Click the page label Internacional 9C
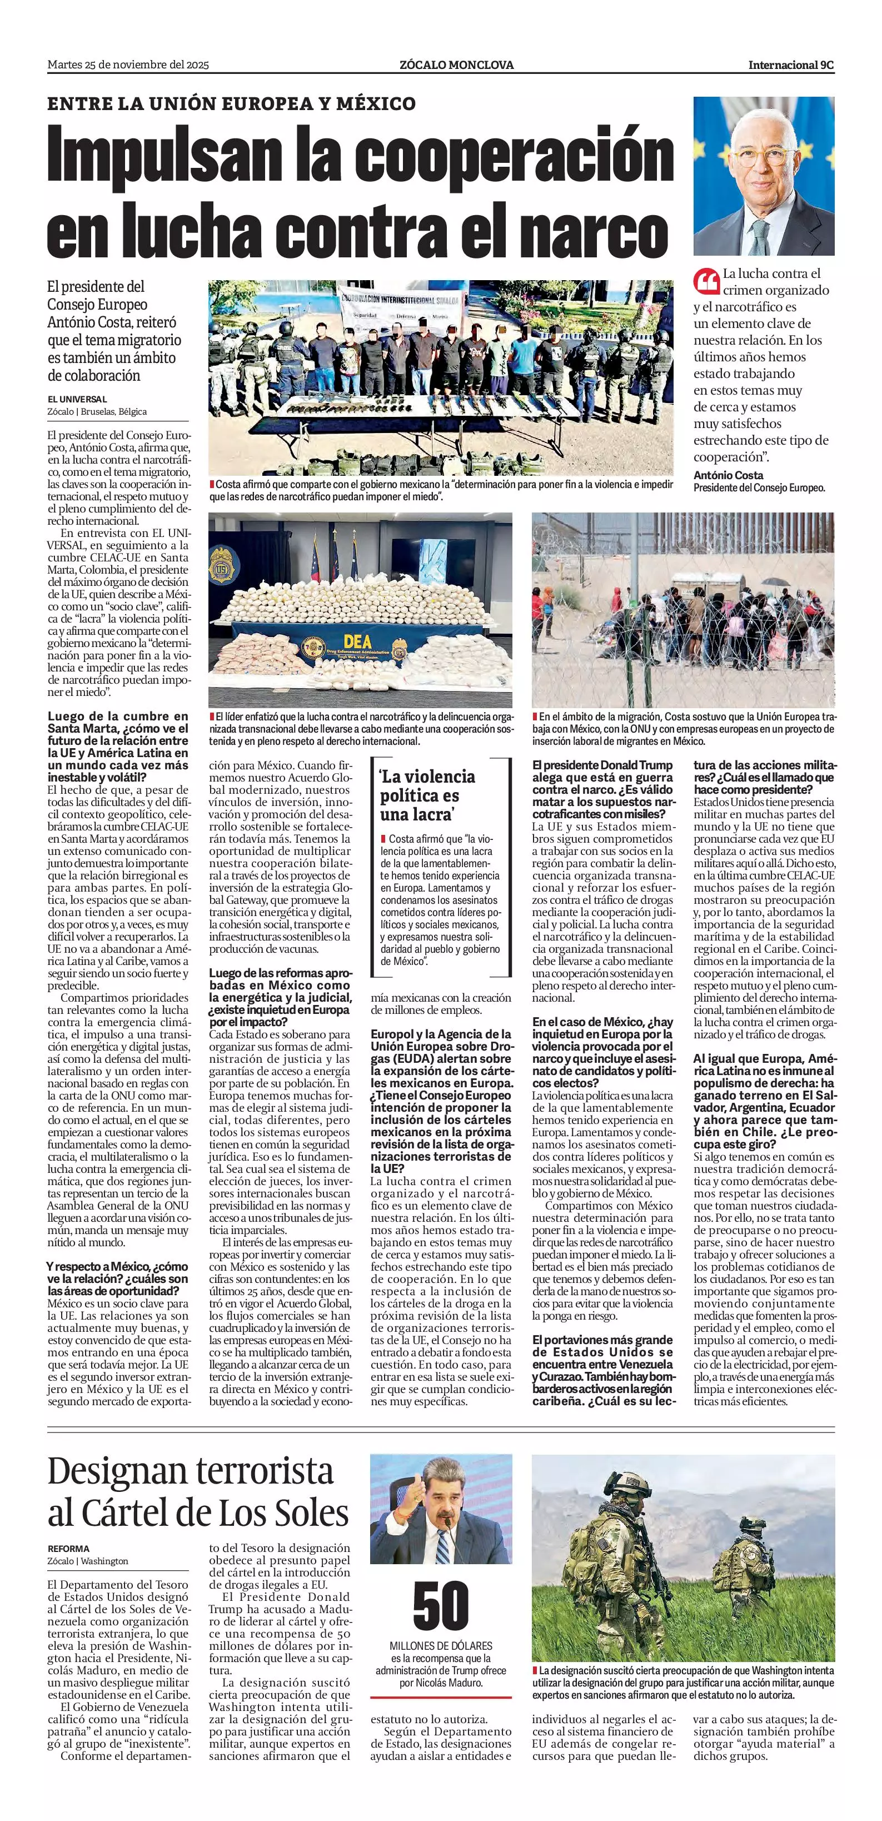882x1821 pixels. tap(791, 65)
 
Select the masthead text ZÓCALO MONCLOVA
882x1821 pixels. tap(456, 65)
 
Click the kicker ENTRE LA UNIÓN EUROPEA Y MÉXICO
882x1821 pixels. tap(231, 104)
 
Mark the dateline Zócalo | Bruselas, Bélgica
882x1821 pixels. tap(97, 411)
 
